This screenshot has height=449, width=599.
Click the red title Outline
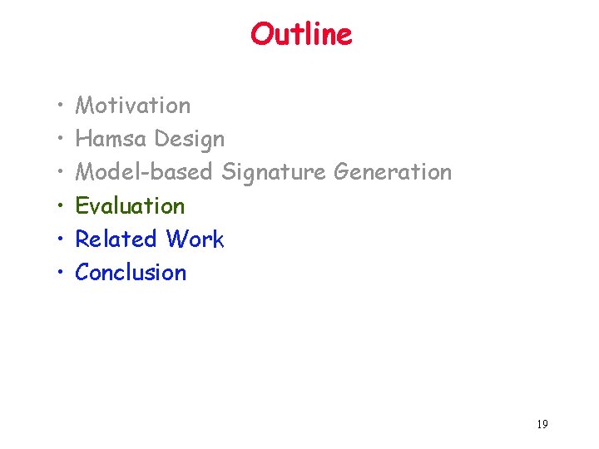click(x=301, y=35)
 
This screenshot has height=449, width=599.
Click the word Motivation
click(x=132, y=106)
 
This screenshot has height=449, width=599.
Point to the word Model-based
click(x=144, y=172)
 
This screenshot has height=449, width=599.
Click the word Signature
click(x=274, y=173)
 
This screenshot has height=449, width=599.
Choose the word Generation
click(x=393, y=172)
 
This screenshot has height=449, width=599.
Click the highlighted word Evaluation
click(x=130, y=205)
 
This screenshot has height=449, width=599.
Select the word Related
click(x=116, y=239)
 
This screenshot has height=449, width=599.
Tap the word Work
click(x=195, y=239)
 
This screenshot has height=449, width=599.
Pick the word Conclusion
click(x=131, y=273)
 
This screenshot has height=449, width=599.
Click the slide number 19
click(x=542, y=425)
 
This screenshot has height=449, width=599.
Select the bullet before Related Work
click(x=63, y=240)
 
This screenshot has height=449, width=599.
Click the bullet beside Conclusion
click(x=63, y=274)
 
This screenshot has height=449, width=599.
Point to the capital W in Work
click(x=176, y=239)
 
